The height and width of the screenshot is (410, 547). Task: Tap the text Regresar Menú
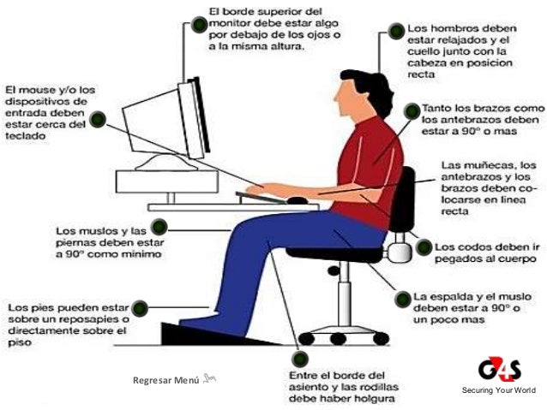[165, 379]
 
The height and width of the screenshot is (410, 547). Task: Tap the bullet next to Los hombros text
[395, 32]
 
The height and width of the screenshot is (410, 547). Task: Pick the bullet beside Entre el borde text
[300, 360]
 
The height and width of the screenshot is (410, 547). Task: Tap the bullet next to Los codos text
[423, 247]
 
